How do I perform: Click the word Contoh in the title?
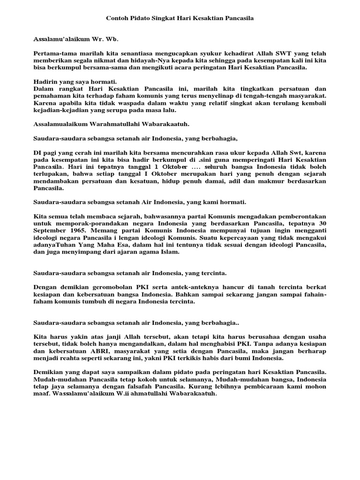[x=117, y=18]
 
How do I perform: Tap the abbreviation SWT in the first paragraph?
[x=270, y=53]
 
